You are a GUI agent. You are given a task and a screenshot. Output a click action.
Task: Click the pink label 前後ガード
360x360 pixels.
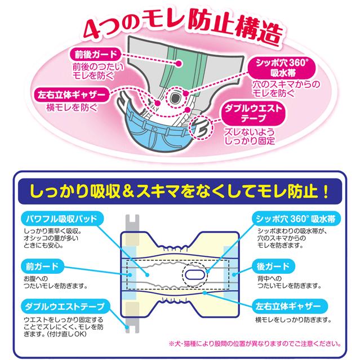coord(96,55)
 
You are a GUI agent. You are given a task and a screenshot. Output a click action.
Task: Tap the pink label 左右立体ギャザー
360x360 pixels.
coord(72,95)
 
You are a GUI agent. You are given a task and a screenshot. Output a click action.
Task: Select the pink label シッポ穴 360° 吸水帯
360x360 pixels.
coord(282,68)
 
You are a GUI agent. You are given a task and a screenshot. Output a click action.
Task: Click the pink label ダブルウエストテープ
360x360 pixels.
coord(253,113)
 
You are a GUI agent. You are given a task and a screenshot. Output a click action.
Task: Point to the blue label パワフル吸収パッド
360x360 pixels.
coord(61,219)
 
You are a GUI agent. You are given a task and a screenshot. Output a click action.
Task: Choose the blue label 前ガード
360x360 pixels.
coord(42,266)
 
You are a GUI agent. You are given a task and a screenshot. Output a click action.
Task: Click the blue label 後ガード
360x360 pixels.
coord(273,266)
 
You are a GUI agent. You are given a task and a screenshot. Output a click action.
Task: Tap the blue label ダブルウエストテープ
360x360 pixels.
coord(65,306)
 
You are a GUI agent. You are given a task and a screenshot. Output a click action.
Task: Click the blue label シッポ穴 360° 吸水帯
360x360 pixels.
coord(296,219)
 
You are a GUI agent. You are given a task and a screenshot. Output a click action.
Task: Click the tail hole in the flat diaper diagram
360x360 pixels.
coord(195,274)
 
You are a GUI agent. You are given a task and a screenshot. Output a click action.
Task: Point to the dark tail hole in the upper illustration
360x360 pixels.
coord(175,98)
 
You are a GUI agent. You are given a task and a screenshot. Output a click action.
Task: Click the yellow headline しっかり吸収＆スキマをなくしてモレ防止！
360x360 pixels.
coord(180,191)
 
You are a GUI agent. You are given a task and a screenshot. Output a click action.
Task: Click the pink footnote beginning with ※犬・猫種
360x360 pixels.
coord(255,344)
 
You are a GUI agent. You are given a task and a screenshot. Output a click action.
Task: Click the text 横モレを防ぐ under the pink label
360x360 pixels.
coord(72,108)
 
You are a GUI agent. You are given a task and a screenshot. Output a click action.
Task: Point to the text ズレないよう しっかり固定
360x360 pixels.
coord(250,136)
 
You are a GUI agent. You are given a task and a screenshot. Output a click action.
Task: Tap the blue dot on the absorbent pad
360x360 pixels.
coord(147,274)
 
